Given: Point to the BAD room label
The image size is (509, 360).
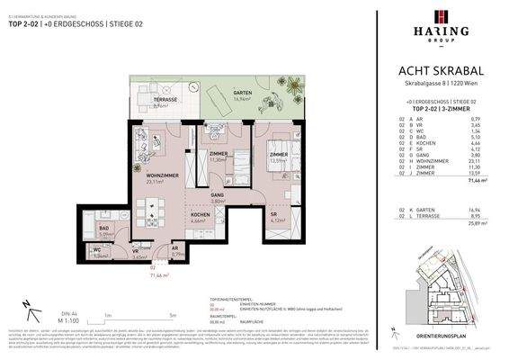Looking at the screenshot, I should point(104,229).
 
